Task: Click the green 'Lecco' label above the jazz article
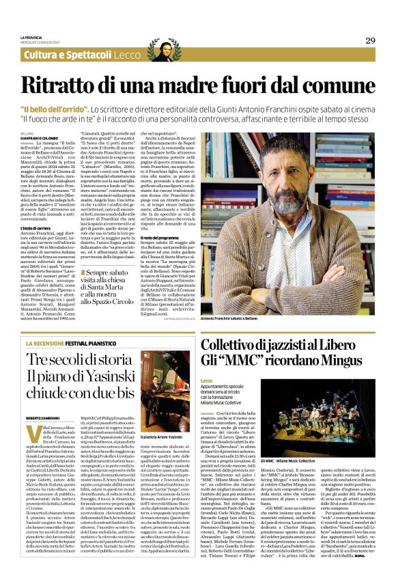[x=207, y=380]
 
